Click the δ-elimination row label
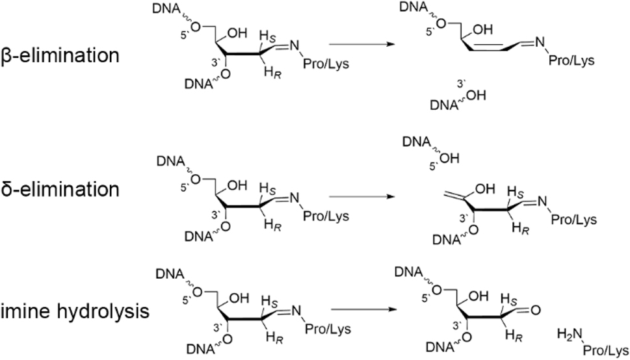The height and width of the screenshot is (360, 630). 60,189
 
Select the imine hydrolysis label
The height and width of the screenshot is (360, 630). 75,311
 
